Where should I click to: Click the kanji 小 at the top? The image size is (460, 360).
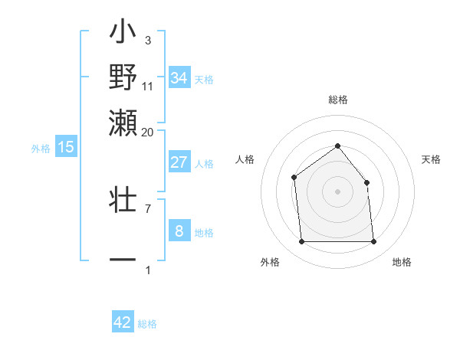click(x=123, y=34)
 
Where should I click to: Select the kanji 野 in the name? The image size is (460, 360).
click(x=123, y=77)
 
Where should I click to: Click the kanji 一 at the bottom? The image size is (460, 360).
click(x=123, y=260)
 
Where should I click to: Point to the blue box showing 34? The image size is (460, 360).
click(x=179, y=78)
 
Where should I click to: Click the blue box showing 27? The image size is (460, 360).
click(x=179, y=162)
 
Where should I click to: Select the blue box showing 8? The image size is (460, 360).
click(x=179, y=231)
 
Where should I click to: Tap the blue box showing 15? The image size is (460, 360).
click(x=66, y=147)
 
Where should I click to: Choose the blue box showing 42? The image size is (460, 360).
click(x=123, y=322)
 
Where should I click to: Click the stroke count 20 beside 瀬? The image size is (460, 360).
click(x=147, y=132)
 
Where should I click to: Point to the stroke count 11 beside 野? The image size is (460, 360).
click(x=148, y=86)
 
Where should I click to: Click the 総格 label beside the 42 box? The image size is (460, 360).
click(x=147, y=324)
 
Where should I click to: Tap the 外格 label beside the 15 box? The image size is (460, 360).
click(x=40, y=149)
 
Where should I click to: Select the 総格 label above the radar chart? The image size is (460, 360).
click(x=337, y=100)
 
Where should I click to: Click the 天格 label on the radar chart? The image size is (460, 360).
click(x=431, y=159)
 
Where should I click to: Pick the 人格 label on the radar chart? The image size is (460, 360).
click(x=245, y=159)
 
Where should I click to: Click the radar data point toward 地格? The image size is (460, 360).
click(x=373, y=242)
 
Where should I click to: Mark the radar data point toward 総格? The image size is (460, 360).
click(x=337, y=146)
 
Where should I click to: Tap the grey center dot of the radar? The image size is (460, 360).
click(x=337, y=191)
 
